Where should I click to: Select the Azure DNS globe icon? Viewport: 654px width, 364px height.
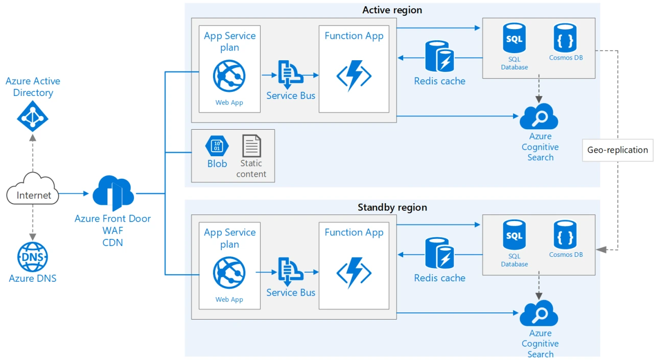(33, 257)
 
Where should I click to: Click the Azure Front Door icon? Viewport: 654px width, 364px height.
(113, 193)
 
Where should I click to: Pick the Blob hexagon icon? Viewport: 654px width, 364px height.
(217, 147)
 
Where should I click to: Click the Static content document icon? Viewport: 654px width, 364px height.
(251, 146)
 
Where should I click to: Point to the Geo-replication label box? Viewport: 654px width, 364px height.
(617, 150)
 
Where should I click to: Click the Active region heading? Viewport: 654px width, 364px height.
(392, 10)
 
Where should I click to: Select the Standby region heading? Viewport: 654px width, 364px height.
(392, 207)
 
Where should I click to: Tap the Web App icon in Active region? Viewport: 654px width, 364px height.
(229, 76)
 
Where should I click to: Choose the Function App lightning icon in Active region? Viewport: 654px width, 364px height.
(354, 76)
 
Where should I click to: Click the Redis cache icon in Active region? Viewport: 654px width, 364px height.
(439, 56)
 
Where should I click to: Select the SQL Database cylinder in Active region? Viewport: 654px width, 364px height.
(514, 39)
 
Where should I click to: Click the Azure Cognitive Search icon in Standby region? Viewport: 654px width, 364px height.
(539, 313)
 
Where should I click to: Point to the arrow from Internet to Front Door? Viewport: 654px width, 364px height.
(74, 194)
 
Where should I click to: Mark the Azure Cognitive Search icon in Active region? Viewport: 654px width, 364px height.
(539, 117)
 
